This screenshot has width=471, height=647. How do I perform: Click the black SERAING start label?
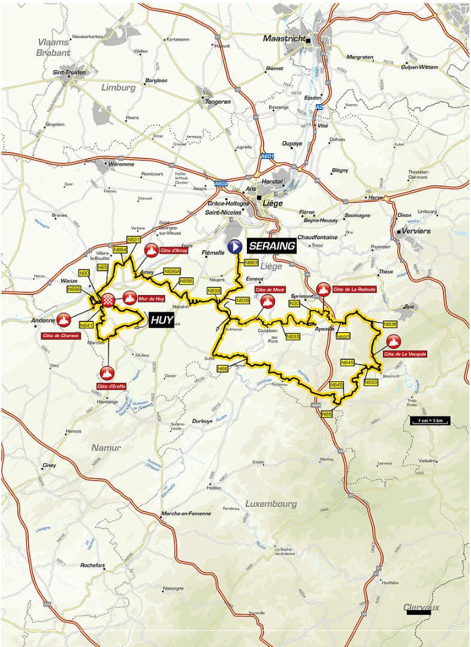tap(272, 246)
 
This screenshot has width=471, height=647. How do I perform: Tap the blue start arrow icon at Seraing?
tap(236, 245)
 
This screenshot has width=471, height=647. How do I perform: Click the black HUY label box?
tap(161, 320)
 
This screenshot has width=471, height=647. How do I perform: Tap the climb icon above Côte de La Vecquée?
tap(393, 342)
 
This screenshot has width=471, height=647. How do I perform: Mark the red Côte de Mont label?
tap(270, 290)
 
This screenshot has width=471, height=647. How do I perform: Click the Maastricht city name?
tap(285, 39)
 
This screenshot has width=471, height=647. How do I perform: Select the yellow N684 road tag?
tap(120, 249)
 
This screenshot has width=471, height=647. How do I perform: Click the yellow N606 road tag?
tap(390, 324)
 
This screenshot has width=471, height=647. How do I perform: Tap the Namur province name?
tap(106, 448)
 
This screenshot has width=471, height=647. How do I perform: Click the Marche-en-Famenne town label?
tap(186, 514)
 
